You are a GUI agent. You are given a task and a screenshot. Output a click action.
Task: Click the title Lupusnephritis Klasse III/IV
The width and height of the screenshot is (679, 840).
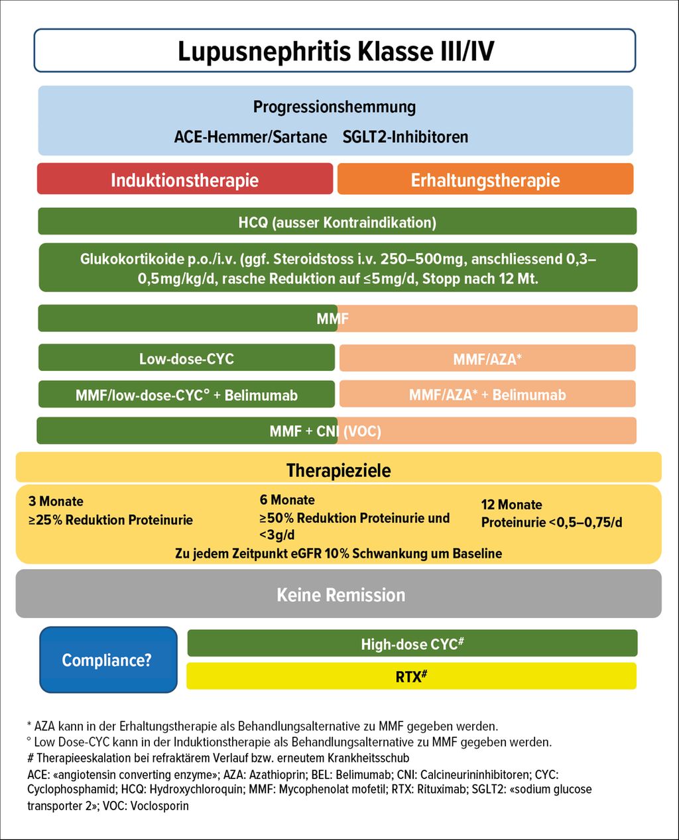[x=335, y=51]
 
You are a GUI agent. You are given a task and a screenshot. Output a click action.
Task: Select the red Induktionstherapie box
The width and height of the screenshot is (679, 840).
[x=185, y=180]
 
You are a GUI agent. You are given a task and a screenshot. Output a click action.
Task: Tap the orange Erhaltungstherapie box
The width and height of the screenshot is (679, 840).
[x=485, y=180]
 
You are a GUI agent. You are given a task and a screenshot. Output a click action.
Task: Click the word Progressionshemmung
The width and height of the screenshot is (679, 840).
[x=335, y=107]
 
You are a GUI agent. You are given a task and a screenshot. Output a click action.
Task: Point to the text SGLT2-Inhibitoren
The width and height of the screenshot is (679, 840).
[x=405, y=137]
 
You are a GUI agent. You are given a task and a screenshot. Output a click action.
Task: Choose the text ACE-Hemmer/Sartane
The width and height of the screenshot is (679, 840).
[x=251, y=137]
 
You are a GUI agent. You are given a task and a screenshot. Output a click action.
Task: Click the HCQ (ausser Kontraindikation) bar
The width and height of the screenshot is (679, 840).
[x=337, y=222]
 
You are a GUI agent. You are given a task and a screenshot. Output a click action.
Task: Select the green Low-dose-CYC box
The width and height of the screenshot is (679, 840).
[x=186, y=358]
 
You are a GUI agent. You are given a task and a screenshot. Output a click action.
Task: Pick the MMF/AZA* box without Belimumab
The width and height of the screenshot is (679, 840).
[x=487, y=359]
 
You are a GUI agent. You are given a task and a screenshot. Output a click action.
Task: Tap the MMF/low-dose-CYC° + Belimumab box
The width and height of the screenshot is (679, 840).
[x=186, y=395]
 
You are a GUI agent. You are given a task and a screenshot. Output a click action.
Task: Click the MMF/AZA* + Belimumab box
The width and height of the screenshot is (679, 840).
[x=487, y=395]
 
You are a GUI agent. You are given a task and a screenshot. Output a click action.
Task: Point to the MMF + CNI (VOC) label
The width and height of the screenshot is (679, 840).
[x=325, y=431]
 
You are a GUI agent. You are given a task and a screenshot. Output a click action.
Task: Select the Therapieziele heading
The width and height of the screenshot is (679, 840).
[x=338, y=470]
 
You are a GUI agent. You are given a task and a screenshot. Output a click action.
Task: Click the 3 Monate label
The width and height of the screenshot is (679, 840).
[x=56, y=501]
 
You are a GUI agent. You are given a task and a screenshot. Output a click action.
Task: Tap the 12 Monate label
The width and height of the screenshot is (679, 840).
[x=511, y=505]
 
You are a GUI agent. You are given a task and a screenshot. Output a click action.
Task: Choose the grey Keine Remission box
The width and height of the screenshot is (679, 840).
[x=341, y=594]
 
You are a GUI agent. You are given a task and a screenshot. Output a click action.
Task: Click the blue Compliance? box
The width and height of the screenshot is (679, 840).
[x=107, y=660]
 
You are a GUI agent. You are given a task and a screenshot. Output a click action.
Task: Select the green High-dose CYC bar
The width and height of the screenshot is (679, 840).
[x=412, y=644]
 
